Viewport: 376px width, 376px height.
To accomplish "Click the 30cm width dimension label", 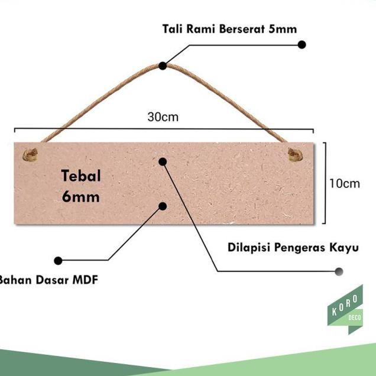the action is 163,117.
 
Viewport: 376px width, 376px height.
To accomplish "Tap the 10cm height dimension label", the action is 345,183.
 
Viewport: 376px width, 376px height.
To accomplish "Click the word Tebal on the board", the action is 81,176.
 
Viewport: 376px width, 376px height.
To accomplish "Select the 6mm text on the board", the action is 81,196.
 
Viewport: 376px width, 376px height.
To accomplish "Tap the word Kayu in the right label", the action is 345,247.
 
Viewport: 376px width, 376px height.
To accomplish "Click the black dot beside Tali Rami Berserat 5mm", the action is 302,44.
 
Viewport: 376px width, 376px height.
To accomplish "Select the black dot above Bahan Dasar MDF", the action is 58,260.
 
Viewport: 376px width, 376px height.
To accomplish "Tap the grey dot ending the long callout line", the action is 339,271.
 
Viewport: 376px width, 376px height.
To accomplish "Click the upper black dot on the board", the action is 163,161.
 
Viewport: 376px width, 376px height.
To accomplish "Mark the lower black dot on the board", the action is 163,206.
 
